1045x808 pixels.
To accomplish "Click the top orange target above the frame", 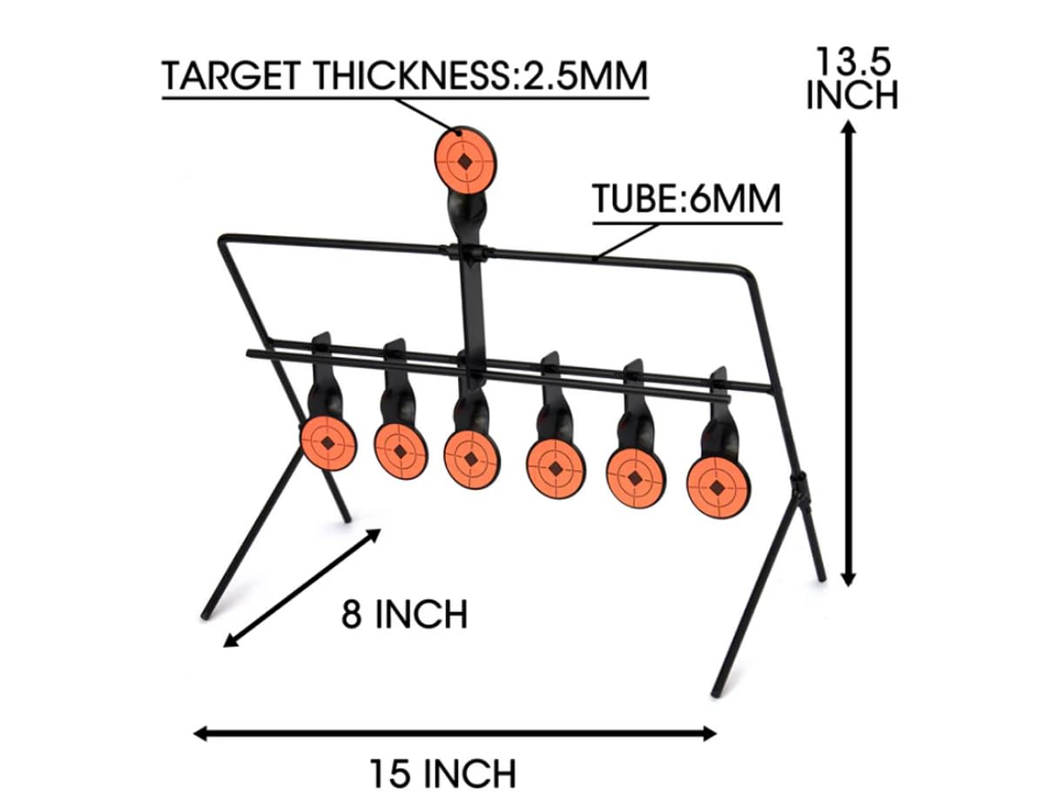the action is pos(465,159).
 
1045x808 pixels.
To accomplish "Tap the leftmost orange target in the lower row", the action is pos(327,443).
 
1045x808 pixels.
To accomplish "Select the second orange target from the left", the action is pos(401,450).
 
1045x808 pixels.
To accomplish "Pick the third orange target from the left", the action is pos(471,459).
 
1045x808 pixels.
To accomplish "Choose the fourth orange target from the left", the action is pos(555,468).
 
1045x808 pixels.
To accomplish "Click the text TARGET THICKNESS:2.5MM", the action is pos(405,77).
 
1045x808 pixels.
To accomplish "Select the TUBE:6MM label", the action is pos(686,200).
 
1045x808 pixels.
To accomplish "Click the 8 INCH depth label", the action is pos(404,615).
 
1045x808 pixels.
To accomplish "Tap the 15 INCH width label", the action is pos(442,772).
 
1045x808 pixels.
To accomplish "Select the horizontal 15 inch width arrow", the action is pos(454,733).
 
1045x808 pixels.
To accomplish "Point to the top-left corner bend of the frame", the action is pos(224,239).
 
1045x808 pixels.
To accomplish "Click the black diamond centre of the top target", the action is pos(465,160).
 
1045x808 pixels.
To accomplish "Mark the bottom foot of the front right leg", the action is pos(716,691).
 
